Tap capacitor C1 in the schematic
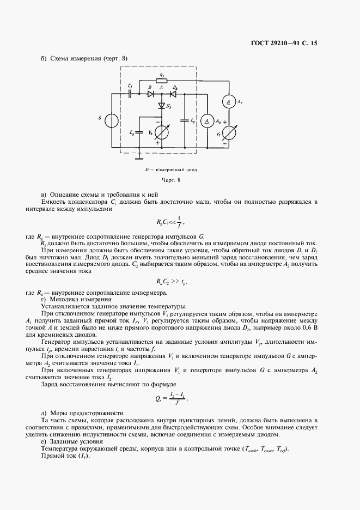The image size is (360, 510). [130, 93]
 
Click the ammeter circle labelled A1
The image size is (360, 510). [229, 102]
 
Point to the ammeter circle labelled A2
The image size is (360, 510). [206, 120]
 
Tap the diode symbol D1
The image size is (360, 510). [161, 105]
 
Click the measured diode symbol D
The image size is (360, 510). [149, 93]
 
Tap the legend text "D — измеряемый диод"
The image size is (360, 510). [170, 169]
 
